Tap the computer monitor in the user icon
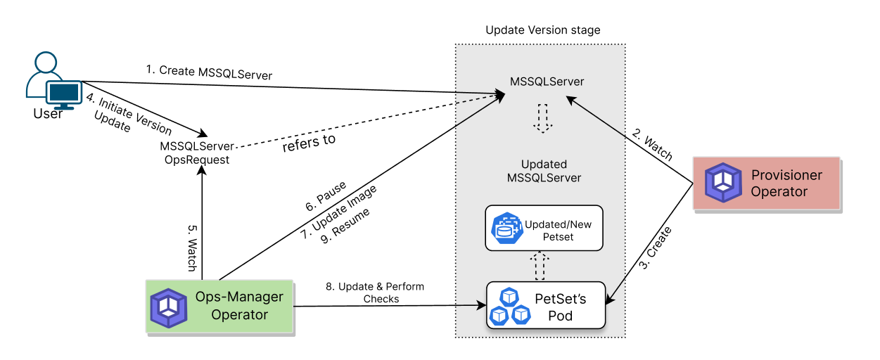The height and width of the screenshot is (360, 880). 64,92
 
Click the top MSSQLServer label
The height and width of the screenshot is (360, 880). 547,82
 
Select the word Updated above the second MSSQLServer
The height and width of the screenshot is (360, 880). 544,165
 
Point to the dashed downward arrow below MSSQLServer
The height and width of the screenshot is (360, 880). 542,117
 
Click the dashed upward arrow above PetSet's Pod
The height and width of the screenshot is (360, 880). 540,265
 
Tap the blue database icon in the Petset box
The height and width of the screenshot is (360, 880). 506,229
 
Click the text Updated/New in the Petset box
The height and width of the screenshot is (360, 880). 558,224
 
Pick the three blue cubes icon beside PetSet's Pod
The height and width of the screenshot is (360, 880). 510,306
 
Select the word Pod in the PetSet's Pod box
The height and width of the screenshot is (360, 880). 561,316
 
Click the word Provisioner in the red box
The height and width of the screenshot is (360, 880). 786,175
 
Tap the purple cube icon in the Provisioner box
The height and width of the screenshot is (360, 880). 723,183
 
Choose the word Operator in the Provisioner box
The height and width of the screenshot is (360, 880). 779,192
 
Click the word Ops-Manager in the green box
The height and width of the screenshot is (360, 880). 239,297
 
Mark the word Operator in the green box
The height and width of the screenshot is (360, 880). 239,314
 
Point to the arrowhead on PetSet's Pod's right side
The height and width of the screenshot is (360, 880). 611,300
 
